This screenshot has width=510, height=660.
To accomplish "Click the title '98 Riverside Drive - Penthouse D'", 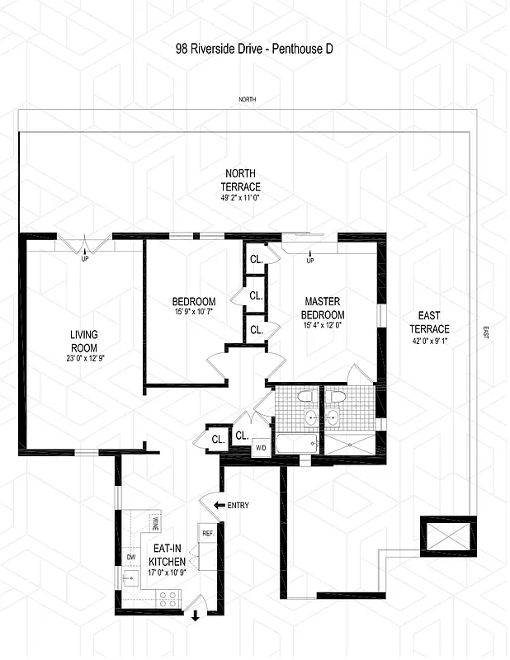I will pyautogui.click(x=253, y=48).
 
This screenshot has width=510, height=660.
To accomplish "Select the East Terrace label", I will pyautogui.click(x=428, y=323).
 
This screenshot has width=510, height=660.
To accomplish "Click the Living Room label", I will pyautogui.click(x=84, y=341).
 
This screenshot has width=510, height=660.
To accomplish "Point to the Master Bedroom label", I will pyautogui.click(x=323, y=308).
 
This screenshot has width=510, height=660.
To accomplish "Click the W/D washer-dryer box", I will pyautogui.click(x=260, y=448).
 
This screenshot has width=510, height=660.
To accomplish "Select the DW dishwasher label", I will pyautogui.click(x=130, y=558).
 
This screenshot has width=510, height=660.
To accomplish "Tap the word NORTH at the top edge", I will pyautogui.click(x=248, y=99).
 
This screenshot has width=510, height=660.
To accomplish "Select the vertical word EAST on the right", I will pyautogui.click(x=486, y=333).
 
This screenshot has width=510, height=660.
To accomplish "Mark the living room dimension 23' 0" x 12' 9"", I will pyautogui.click(x=84, y=359).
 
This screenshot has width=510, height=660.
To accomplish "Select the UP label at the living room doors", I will pyautogui.click(x=83, y=258).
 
